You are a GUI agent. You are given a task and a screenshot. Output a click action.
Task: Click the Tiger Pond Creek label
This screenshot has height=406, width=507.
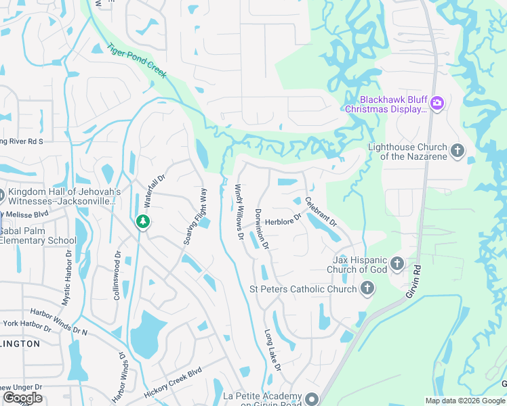(136, 62)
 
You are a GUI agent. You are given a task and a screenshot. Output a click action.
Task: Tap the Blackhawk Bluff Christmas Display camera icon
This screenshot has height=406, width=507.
(437, 103)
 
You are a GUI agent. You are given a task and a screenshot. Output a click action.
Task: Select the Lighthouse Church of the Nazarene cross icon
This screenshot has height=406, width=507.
(458, 150)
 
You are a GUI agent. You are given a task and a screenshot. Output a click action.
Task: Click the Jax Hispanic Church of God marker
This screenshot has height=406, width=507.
(397, 263)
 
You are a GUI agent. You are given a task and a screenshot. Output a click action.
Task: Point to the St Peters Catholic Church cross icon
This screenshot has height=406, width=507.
(367, 289)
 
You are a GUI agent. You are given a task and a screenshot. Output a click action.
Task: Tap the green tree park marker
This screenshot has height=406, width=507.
(142, 221)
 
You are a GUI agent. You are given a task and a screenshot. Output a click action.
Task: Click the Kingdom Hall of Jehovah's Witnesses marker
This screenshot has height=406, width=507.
(2, 196)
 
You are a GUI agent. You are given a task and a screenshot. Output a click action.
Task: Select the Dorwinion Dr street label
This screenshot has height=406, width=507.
(262, 228)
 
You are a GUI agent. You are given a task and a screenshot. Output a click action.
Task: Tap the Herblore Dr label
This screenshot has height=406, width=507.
(283, 222)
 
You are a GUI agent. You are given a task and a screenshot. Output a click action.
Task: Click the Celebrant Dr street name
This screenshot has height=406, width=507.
(321, 211)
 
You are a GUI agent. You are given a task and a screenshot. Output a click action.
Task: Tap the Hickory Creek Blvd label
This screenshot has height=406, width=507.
(173, 383)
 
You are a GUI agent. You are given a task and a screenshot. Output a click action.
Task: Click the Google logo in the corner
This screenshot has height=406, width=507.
(22, 398)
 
